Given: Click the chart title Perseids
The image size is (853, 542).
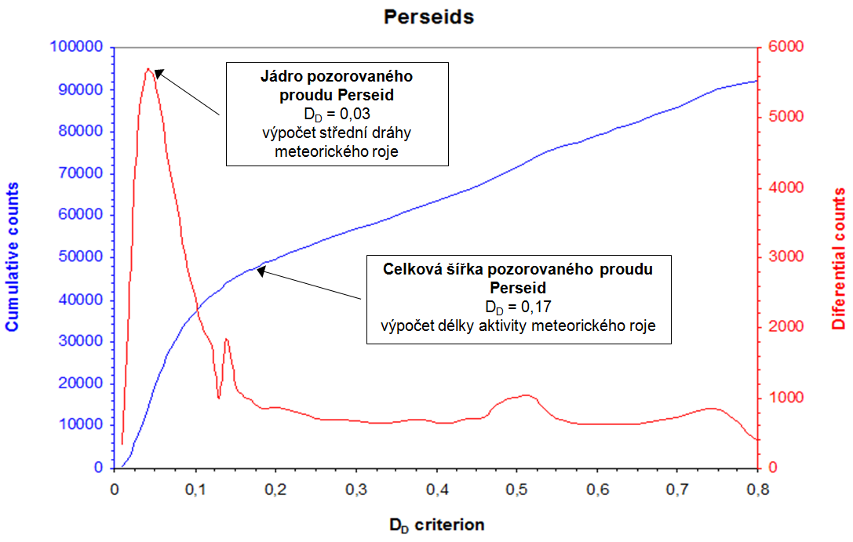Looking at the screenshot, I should [x=428, y=16].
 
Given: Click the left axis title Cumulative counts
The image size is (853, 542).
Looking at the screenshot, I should [x=13, y=256].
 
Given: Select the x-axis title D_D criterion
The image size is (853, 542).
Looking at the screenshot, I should [x=436, y=525].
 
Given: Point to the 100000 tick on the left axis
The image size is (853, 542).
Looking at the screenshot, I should [x=76, y=47].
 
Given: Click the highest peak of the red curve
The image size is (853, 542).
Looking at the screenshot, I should [x=148, y=69].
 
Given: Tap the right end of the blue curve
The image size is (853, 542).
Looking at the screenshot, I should [x=756, y=81].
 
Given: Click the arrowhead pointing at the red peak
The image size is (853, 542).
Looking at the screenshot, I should [x=158, y=73].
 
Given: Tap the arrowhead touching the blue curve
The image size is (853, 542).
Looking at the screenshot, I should [x=261, y=271].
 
